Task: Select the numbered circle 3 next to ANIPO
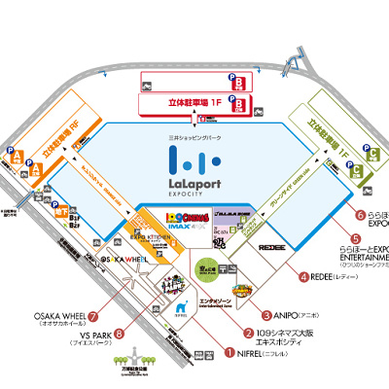tap(265, 314)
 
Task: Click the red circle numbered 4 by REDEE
tap(303, 276)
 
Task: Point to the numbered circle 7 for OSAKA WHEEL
tap(93, 316)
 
